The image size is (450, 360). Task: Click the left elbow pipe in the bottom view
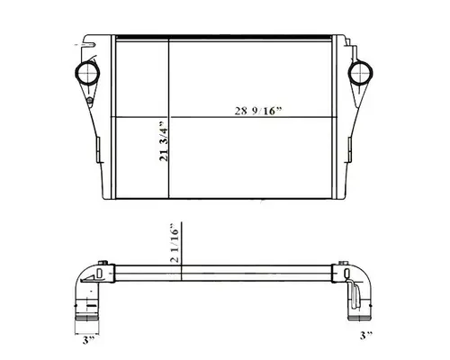click(85, 288)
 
